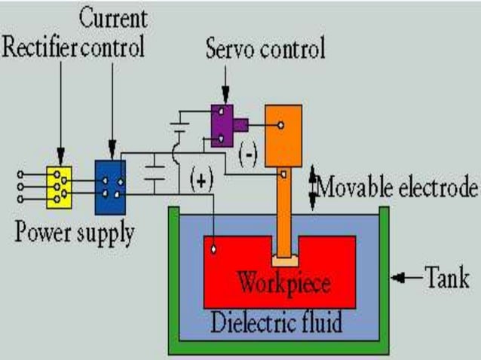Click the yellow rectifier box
pyautogui.click(x=58, y=185)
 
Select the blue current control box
pyautogui.click(x=110, y=186)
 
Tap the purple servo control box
pyautogui.click(x=222, y=124)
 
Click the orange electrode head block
pyautogui.click(x=283, y=136)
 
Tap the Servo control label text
pyautogui.click(x=265, y=50)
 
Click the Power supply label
pyautogui.click(x=75, y=232)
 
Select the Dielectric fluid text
pyautogui.click(x=277, y=323)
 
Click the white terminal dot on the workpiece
pyautogui.click(x=215, y=249)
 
